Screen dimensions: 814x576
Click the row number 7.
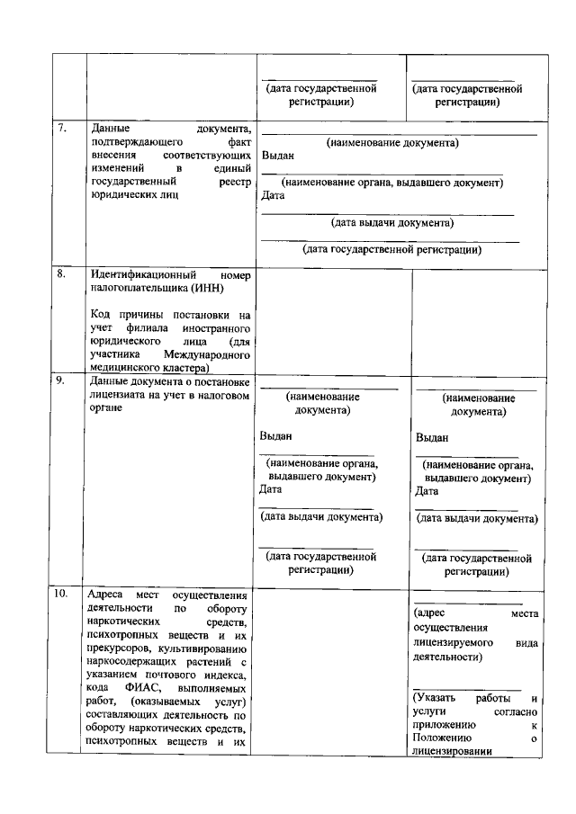tap(61, 128)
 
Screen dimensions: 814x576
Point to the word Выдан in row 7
tap(277, 156)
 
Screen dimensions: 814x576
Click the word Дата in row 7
tap(273, 195)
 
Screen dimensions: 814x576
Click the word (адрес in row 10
tap(428, 613)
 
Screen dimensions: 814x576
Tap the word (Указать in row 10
tap(436, 698)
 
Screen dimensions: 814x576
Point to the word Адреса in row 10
tap(108, 595)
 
